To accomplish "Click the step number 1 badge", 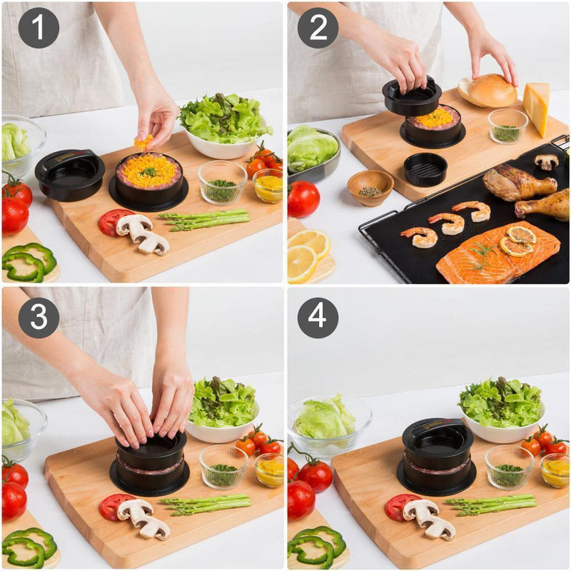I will coord(39,28).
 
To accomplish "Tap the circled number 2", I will coord(318,28).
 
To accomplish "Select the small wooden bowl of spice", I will coord(370,188).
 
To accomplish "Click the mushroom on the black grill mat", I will coord(547,162).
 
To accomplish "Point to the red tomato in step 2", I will coord(303,198).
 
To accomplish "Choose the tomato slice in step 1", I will coord(113,222).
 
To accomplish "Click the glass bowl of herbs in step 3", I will coord(224,468).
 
